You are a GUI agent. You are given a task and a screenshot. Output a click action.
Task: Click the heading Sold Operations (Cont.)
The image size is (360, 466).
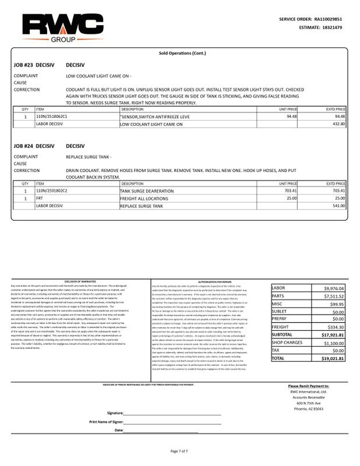[x=179, y=53]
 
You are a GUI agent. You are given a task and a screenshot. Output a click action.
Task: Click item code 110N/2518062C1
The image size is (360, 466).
[x=52, y=116]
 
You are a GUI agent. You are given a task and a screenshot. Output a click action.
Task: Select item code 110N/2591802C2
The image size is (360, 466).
[x=52, y=190]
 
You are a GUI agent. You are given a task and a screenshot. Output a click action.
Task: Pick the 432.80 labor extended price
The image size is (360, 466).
[x=338, y=123]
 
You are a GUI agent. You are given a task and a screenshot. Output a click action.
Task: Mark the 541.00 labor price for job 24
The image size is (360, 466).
[x=338, y=205]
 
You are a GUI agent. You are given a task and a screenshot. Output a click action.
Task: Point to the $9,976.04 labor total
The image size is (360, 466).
[x=334, y=288]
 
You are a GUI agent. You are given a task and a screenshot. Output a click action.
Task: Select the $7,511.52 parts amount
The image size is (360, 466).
[x=334, y=295]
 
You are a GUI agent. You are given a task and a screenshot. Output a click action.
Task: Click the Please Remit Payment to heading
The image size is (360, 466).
[x=309, y=386]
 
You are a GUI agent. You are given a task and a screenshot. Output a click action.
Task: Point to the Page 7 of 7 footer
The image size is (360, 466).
[x=179, y=451]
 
